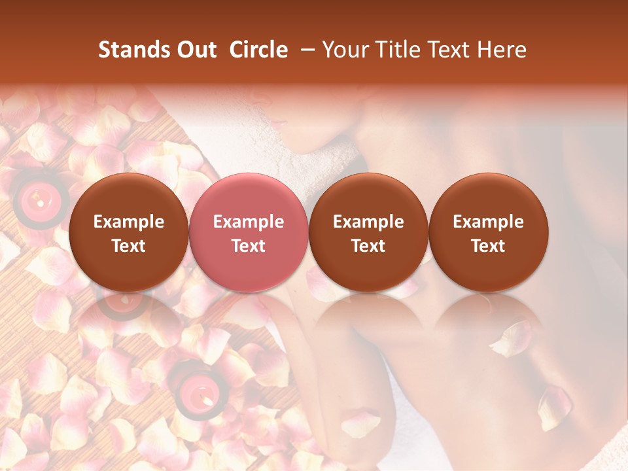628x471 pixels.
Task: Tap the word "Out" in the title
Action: (195, 50)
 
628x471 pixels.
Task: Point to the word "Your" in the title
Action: (345, 50)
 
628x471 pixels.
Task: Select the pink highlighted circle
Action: (248, 232)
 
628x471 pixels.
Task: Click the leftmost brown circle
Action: (128, 232)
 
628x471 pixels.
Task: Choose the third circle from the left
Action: (368, 232)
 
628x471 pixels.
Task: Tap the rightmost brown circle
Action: (488, 232)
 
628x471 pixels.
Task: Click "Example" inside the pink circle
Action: (249, 222)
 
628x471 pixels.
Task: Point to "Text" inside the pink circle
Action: (249, 246)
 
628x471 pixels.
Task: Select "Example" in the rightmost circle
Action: (488, 222)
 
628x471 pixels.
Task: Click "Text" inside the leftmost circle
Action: (129, 246)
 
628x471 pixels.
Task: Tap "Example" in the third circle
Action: (368, 222)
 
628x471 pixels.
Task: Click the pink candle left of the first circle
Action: (39, 196)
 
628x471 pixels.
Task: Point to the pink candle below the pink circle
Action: (196, 391)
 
